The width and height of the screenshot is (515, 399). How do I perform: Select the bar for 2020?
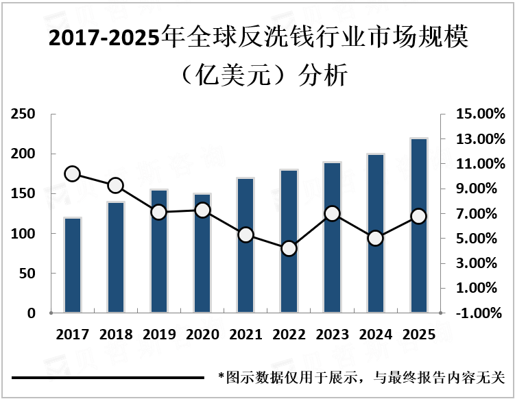[202, 254]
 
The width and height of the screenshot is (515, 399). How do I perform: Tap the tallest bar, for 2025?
[418, 226]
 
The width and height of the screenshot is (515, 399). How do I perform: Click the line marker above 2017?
[73, 173]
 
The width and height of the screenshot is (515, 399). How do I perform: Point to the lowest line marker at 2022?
[289, 248]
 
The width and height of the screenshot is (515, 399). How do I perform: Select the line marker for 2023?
[332, 214]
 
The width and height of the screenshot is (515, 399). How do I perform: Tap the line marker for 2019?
[159, 213]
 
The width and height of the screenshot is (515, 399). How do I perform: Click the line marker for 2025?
[418, 216]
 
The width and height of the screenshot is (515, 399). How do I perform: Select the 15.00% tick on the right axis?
[480, 114]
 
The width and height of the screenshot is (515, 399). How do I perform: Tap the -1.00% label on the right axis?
[480, 313]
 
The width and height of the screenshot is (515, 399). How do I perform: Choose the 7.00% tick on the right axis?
[480, 214]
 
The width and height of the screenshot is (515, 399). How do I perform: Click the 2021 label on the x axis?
[245, 335]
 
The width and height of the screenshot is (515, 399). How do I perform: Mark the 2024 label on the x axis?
[375, 335]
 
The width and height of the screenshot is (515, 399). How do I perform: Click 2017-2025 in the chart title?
[103, 39]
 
